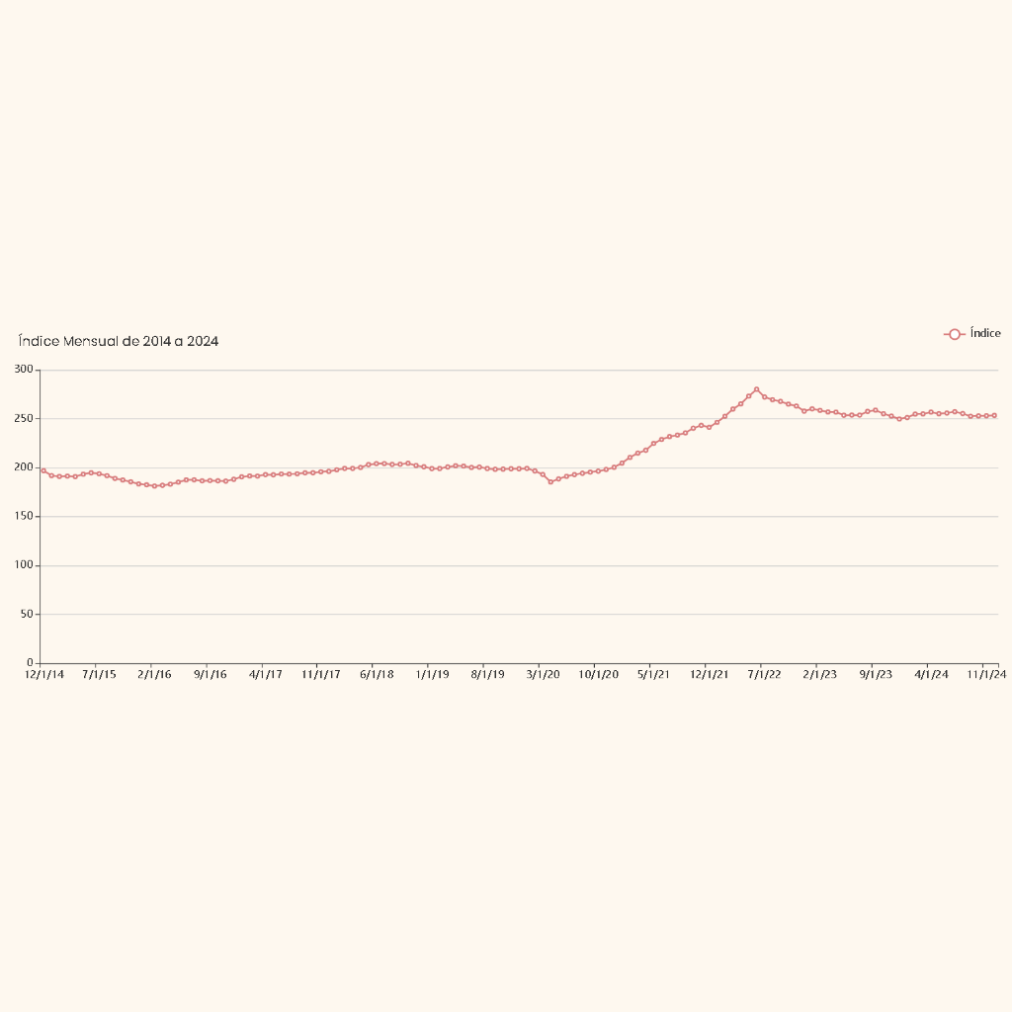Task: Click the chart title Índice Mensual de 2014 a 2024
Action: (119, 341)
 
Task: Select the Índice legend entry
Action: (972, 334)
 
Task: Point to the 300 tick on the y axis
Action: (24, 370)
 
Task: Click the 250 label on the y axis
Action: (24, 418)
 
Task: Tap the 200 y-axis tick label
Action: (24, 467)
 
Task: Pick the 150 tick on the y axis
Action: (24, 516)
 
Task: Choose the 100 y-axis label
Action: (24, 565)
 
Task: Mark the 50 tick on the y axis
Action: (27, 614)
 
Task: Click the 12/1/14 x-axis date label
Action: (43, 675)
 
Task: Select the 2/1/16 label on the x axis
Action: (154, 675)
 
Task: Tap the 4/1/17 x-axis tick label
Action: (265, 675)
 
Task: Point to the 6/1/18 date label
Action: (377, 675)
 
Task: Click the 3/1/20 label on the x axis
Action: (543, 675)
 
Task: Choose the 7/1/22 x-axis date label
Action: (764, 675)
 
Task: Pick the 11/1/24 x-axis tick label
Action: (985, 675)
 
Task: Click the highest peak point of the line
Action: (756, 389)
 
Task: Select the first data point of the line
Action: (43, 470)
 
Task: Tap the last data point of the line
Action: (993, 416)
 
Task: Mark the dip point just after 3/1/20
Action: (550, 481)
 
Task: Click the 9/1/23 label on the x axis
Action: (875, 675)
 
